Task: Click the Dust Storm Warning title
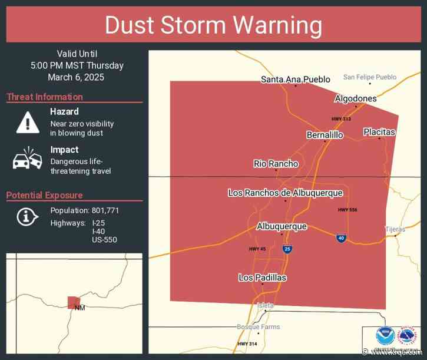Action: pos(213,26)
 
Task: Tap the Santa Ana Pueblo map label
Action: pos(296,79)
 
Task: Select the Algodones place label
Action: pos(355,98)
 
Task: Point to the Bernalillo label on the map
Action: pos(325,135)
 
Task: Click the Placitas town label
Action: pos(379,132)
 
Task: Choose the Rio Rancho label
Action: pos(276,164)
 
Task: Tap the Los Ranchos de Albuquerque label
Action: pos(285,193)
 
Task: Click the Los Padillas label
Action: pos(262,278)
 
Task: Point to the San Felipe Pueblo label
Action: pos(370,77)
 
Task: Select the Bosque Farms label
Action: pos(258,327)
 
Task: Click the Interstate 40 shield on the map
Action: pos(341,238)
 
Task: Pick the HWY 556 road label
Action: pos(347,210)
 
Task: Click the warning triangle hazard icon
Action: pos(27,122)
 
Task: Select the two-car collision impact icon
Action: pos(27,160)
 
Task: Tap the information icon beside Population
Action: pos(26,217)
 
